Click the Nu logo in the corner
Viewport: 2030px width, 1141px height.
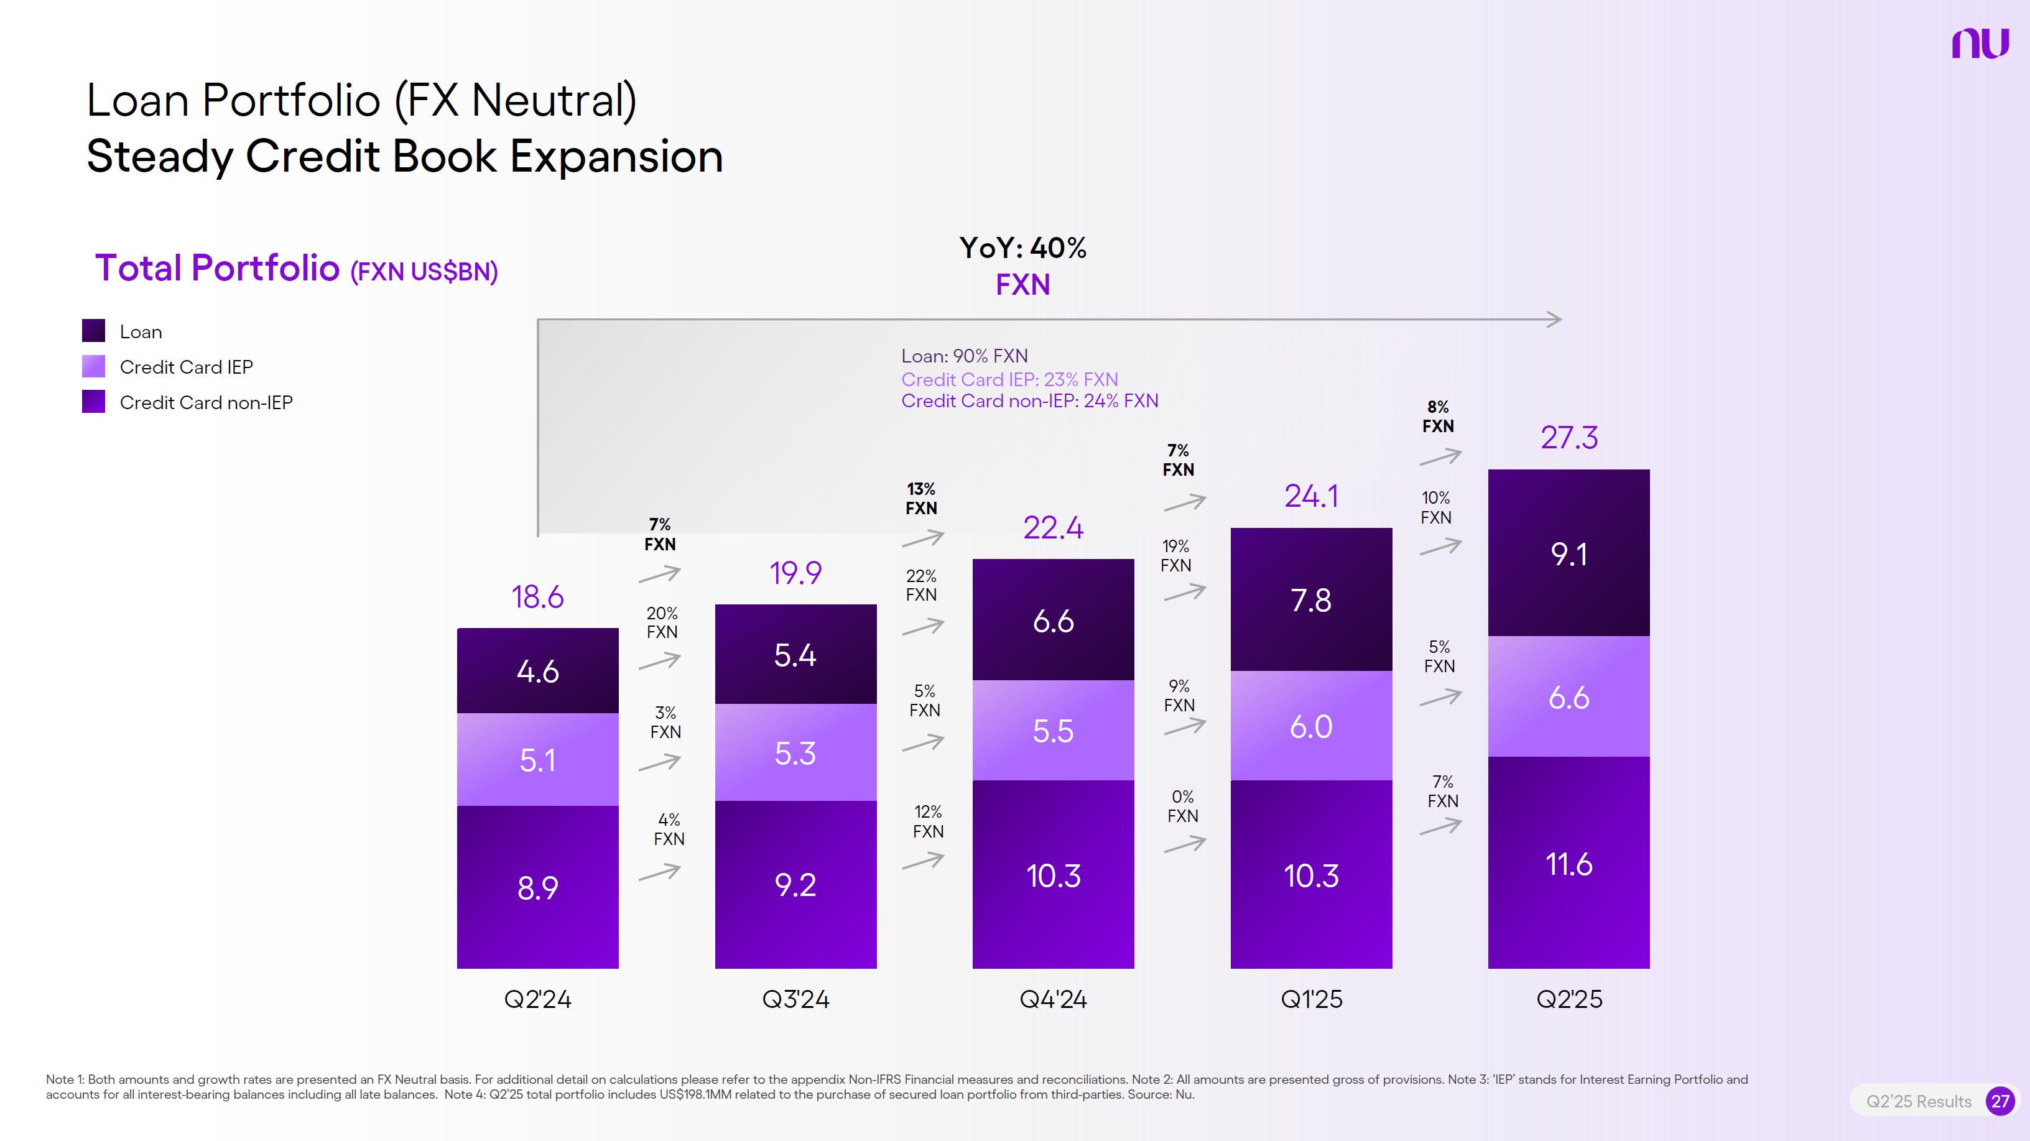tap(1980, 44)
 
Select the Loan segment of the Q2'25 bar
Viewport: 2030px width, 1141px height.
tap(1568, 553)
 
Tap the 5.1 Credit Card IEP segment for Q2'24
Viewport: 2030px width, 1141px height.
tap(537, 760)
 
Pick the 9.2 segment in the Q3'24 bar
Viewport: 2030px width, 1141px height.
tap(795, 884)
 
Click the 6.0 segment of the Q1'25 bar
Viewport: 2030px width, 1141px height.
tap(1310, 726)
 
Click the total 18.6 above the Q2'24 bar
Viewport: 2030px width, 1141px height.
tap(537, 596)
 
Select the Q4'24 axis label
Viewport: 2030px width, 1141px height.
tap(1053, 999)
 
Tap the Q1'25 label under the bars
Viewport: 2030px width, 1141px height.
tap(1310, 999)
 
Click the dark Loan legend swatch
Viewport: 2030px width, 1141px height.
tap(94, 331)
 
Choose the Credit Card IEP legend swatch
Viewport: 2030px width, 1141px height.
tap(94, 366)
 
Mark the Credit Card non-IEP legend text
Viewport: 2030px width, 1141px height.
tap(206, 403)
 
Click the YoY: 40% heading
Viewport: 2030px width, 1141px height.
tap(1022, 248)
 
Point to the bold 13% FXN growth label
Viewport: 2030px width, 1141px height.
tap(921, 499)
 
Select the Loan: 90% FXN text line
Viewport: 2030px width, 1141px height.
tap(965, 356)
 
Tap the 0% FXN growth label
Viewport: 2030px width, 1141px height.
tap(1182, 806)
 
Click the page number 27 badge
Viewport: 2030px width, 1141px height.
tap(2000, 1101)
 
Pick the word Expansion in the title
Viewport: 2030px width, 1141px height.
tap(616, 156)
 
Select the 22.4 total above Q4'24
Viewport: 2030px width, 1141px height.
tap(1053, 527)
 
